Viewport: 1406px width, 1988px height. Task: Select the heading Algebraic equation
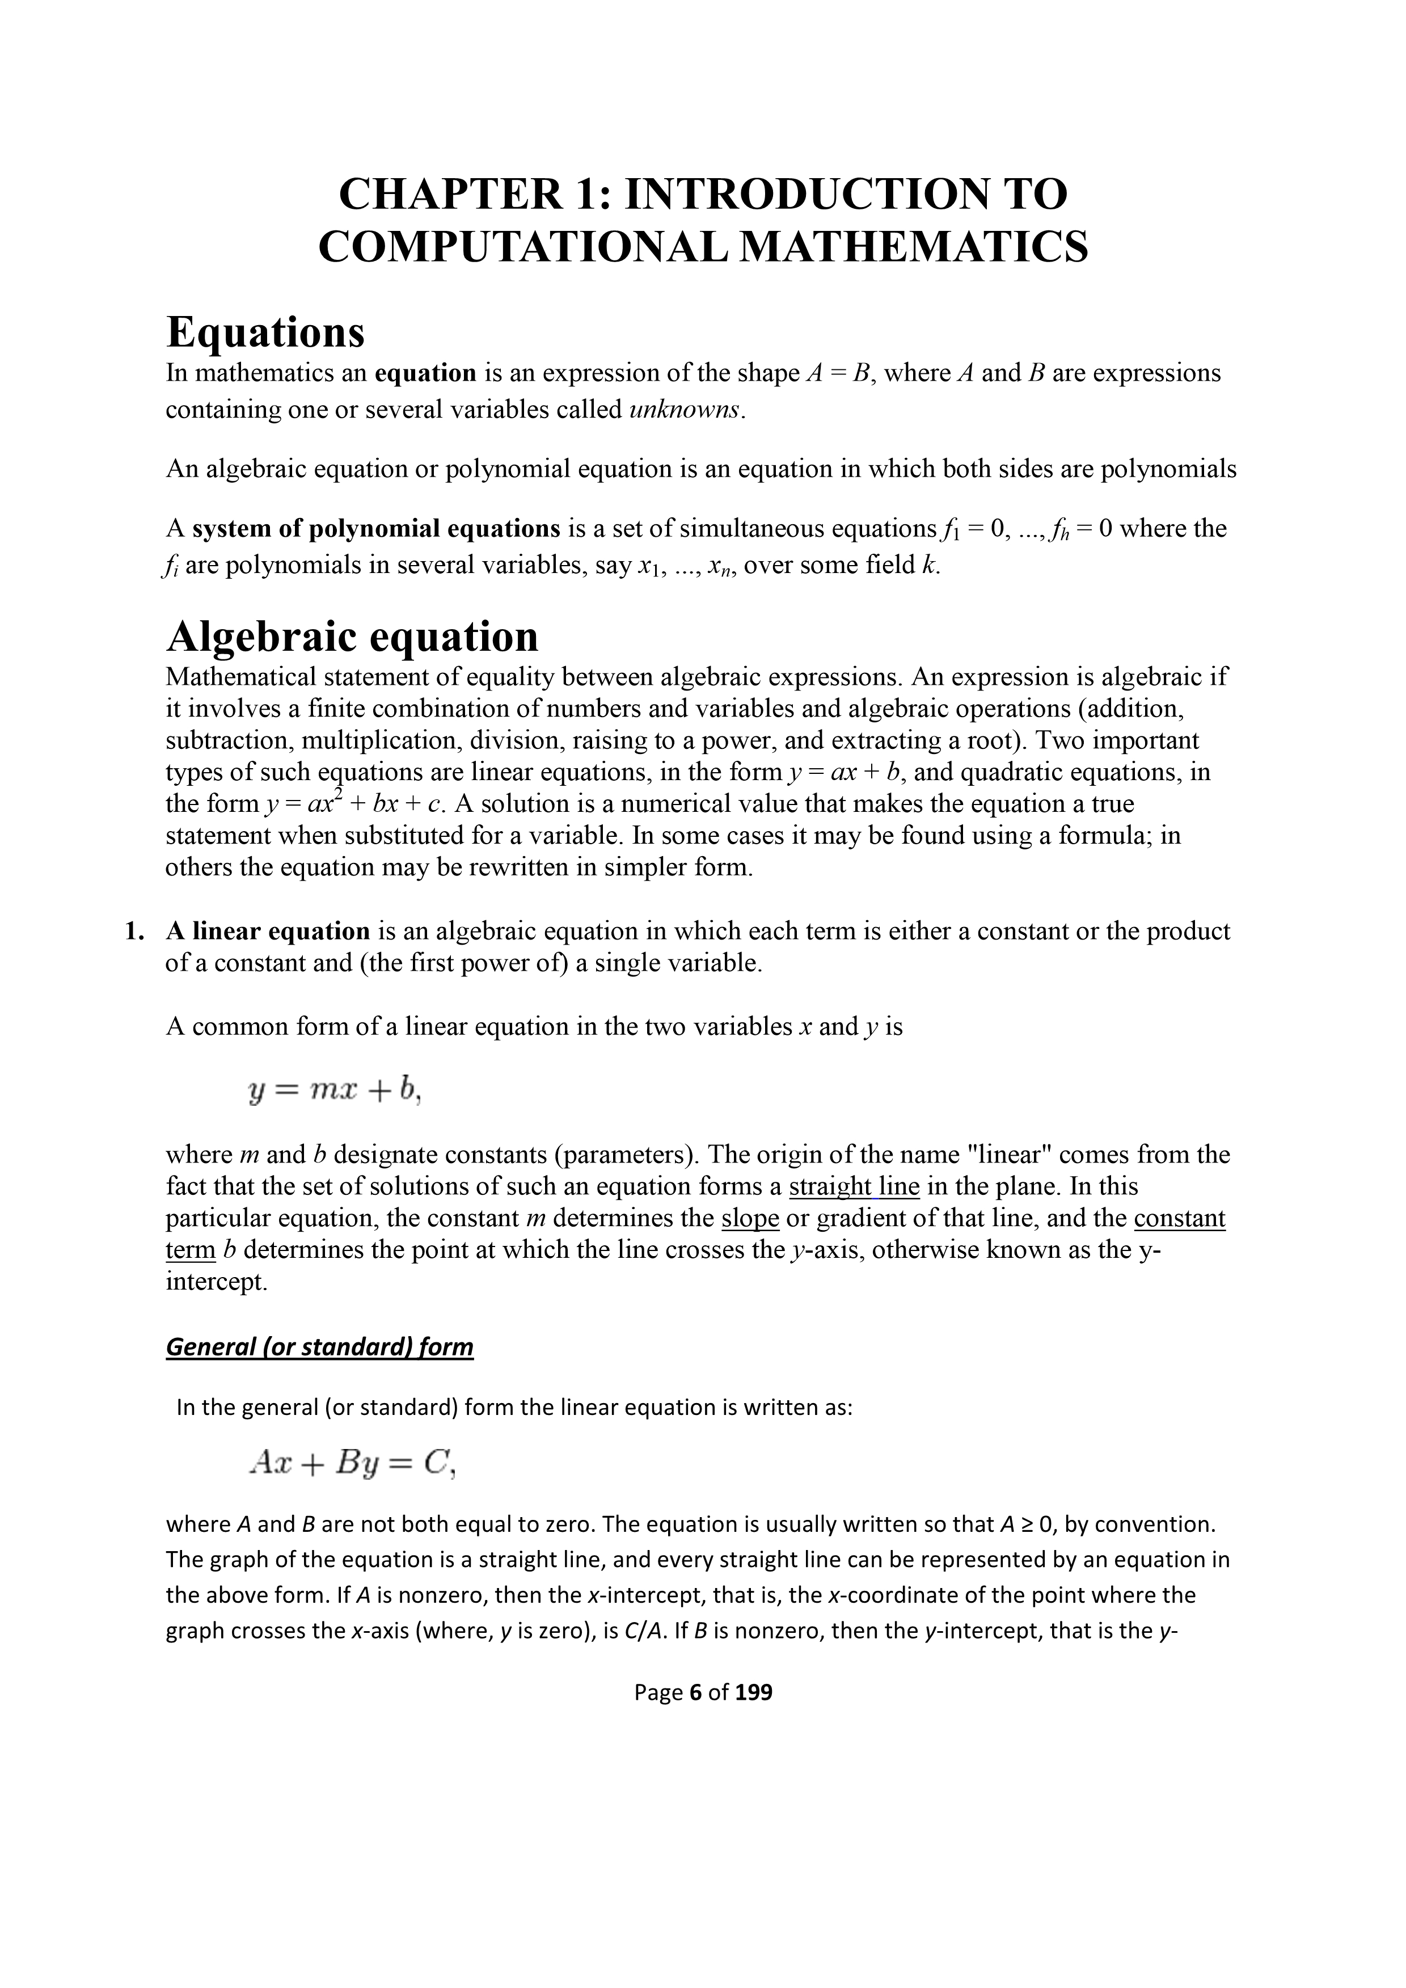pyautogui.click(x=352, y=637)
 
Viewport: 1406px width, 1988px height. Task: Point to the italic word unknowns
pyautogui.click(x=685, y=410)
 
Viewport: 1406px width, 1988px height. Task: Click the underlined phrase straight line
pyautogui.click(x=854, y=1186)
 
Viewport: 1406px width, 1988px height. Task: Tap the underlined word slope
pyautogui.click(x=750, y=1218)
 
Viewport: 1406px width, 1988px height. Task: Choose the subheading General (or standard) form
pyautogui.click(x=319, y=1347)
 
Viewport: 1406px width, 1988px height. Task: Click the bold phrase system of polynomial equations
pyautogui.click(x=377, y=528)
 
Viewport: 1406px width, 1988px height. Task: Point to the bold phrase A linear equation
pyautogui.click(x=268, y=932)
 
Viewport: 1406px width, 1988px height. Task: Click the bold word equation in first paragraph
pyautogui.click(x=425, y=373)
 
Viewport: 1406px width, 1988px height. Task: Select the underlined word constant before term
pyautogui.click(x=1179, y=1218)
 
